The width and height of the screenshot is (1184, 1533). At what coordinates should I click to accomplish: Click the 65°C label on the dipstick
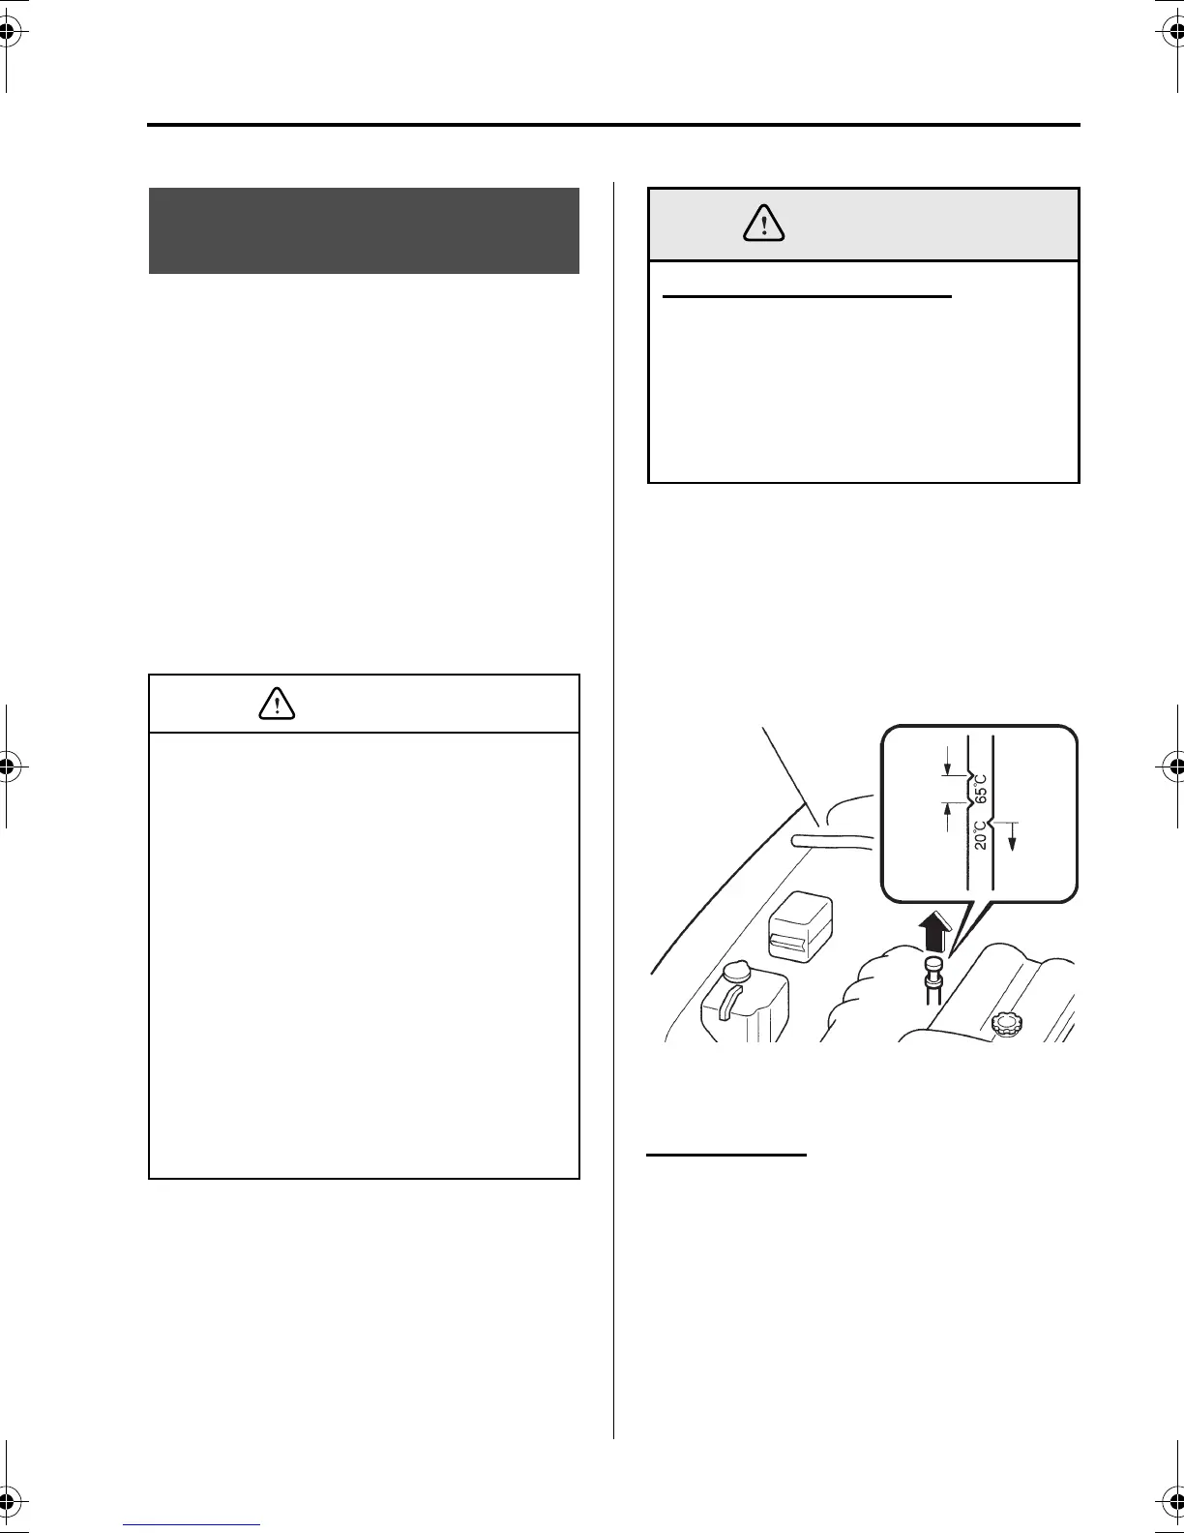coord(980,788)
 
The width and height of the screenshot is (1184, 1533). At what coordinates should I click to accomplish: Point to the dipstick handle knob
coord(934,965)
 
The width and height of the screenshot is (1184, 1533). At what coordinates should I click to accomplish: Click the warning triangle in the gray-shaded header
coord(764,224)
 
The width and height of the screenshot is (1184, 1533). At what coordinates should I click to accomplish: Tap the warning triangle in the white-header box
coord(278,704)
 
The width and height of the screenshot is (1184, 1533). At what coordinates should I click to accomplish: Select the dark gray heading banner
coord(364,230)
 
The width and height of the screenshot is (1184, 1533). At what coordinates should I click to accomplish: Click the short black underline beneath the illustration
coord(726,1155)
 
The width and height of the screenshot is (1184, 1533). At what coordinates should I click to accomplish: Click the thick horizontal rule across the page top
coord(613,125)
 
